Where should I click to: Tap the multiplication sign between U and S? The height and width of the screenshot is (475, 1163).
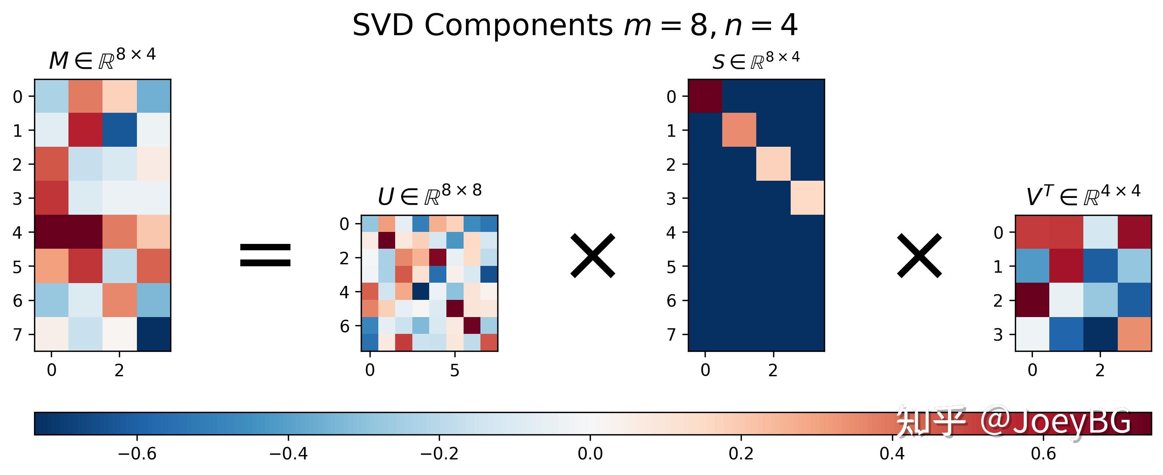click(x=593, y=255)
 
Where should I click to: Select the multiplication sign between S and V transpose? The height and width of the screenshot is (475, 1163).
click(x=919, y=255)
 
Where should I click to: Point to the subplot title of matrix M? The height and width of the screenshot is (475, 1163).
click(x=102, y=59)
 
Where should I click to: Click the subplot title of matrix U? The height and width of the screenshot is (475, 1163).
click(x=429, y=195)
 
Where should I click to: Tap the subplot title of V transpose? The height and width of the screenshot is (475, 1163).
click(x=1083, y=195)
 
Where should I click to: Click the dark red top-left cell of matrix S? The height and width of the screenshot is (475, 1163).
click(x=705, y=96)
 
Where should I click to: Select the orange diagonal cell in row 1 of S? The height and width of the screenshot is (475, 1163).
click(x=739, y=130)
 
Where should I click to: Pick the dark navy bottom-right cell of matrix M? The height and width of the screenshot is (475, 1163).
click(x=153, y=334)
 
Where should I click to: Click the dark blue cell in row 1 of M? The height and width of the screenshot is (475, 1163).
click(x=120, y=130)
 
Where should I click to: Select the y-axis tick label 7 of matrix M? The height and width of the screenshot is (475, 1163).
click(x=18, y=335)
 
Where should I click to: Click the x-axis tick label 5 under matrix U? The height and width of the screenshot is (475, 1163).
click(x=455, y=370)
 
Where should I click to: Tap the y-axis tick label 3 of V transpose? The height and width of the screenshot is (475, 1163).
click(x=998, y=335)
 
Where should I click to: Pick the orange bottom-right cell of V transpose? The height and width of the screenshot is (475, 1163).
click(x=1134, y=334)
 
